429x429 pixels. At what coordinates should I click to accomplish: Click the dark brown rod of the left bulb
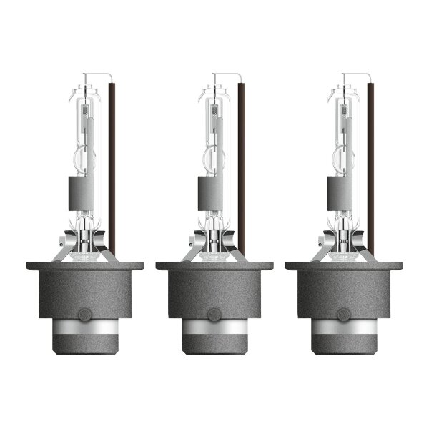tap(112, 164)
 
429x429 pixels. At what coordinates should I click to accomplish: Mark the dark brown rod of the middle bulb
tap(242, 164)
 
